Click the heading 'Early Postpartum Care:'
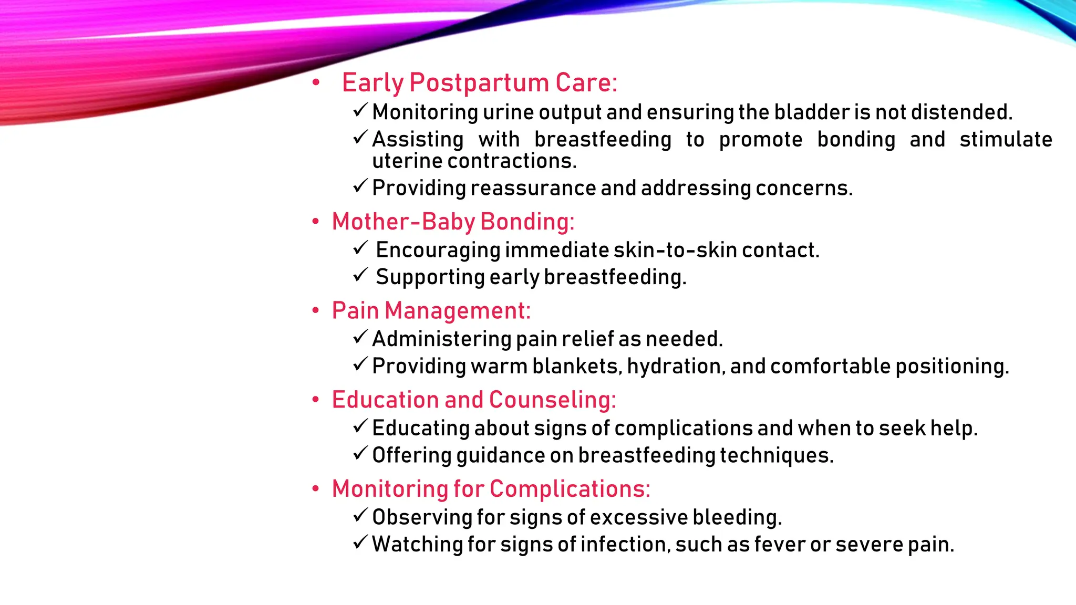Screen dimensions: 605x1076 (479, 83)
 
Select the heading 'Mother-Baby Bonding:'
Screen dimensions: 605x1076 (453, 222)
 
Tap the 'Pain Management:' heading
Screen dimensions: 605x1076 (431, 310)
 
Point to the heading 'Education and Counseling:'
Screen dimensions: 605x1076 (473, 400)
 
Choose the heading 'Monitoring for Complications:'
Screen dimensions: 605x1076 (491, 489)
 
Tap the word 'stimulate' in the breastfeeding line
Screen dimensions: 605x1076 (1006, 140)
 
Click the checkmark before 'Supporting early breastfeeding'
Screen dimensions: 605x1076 (360, 275)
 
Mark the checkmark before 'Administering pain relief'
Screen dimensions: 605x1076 (360, 337)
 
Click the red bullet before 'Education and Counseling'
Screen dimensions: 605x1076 (315, 400)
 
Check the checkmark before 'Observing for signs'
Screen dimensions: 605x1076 (360, 515)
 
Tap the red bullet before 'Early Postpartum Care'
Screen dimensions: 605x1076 (315, 82)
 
